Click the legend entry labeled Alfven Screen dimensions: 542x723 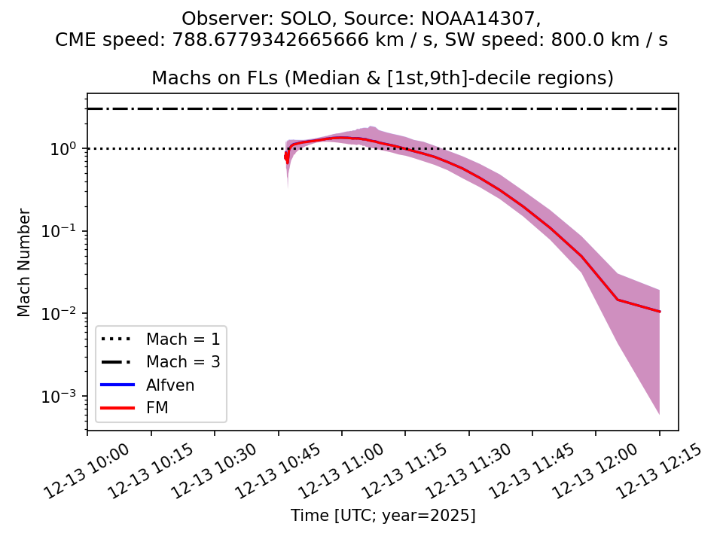click(170, 385)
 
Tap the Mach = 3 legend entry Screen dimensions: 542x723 click(183, 361)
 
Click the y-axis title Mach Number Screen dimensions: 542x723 click(25, 263)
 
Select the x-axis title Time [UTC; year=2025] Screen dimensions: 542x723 click(383, 516)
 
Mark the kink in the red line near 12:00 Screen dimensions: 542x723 click(618, 300)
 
